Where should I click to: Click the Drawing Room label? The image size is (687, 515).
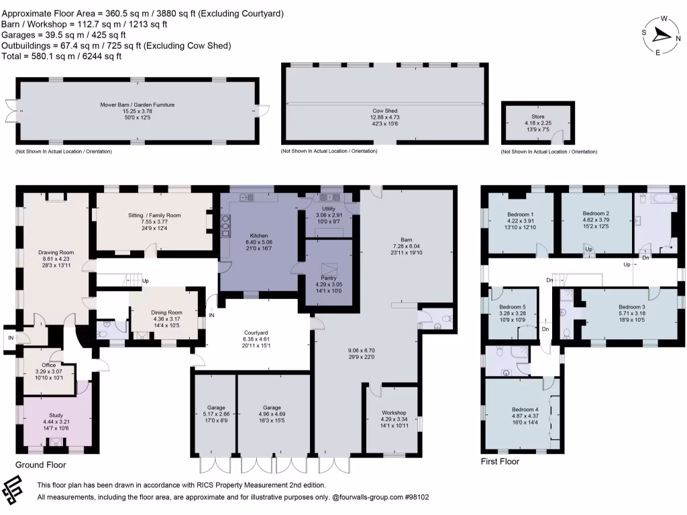[56, 252]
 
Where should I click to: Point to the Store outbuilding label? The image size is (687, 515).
[537, 116]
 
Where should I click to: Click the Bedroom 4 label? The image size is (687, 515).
[525, 409]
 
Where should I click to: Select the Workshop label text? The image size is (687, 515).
[394, 412]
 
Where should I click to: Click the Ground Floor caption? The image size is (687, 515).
[40, 464]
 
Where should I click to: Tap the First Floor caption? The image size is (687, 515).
[500, 461]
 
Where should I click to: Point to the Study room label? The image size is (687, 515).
[56, 416]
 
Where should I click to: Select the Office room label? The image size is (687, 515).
[49, 365]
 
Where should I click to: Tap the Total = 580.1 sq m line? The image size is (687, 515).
[62, 56]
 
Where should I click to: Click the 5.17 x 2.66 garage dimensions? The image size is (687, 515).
[215, 414]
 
